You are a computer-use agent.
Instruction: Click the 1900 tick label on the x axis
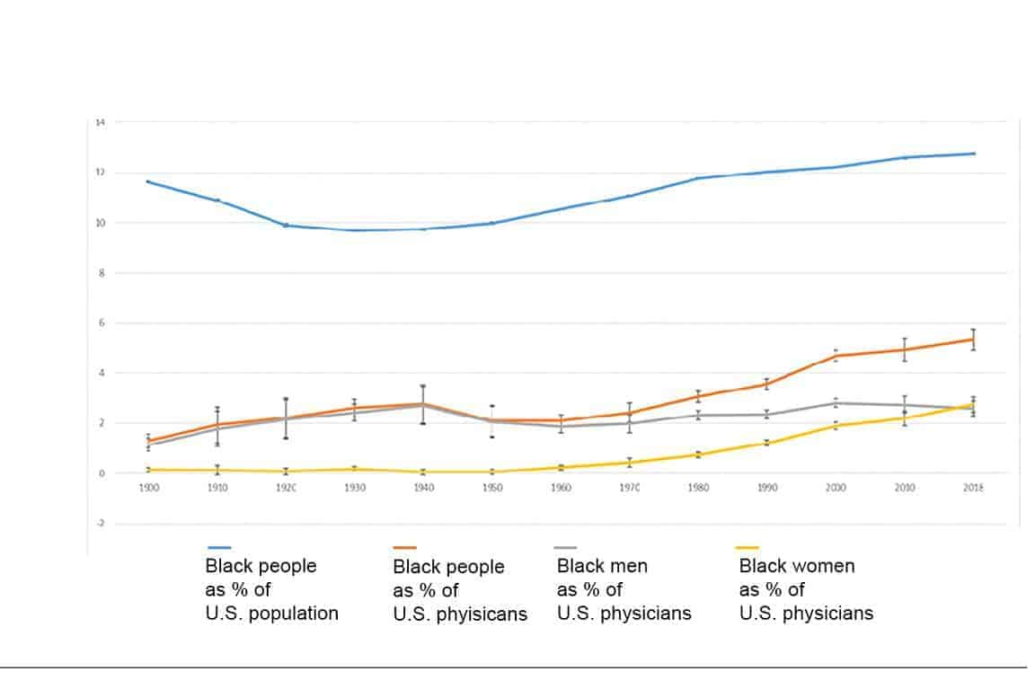[148, 487]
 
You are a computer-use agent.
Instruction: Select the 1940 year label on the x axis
[423, 487]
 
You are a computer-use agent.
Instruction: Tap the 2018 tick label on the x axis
[973, 487]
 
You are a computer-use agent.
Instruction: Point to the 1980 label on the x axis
[698, 487]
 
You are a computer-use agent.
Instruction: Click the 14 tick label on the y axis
[101, 121]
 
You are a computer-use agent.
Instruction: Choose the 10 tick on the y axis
[101, 222]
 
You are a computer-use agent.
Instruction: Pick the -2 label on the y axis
[101, 523]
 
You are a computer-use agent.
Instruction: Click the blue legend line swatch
[219, 547]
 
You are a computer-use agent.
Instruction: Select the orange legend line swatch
[405, 547]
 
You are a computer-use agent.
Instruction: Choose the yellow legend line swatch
[747, 547]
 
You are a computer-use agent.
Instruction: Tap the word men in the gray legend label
[628, 566]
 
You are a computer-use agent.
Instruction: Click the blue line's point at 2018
[973, 154]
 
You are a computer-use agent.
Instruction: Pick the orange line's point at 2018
[973, 339]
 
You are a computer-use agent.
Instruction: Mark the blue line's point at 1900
[148, 181]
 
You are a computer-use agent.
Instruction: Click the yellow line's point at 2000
[836, 425]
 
